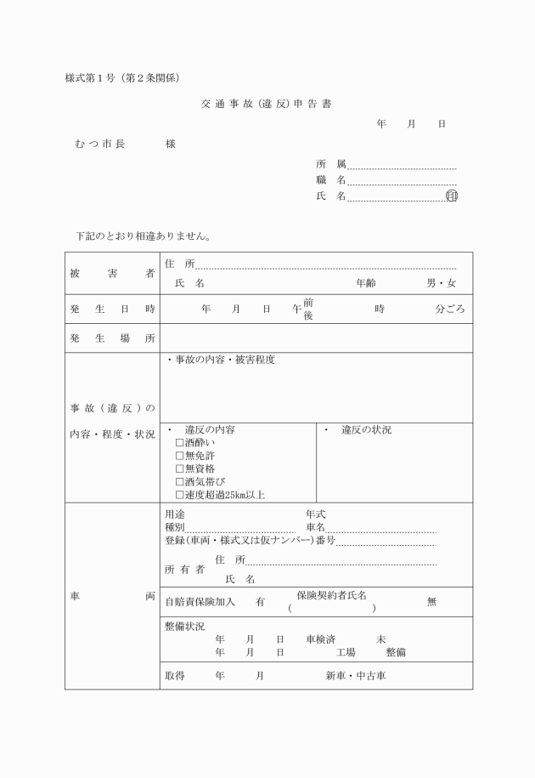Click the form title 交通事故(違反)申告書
(266, 105)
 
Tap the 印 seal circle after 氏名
(452, 196)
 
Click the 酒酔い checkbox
(179, 443)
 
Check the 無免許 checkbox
(179, 456)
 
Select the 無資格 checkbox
(179, 469)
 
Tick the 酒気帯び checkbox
(179, 481)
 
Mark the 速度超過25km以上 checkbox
(179, 494)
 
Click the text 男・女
(441, 283)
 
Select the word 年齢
(366, 283)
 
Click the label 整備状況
(184, 626)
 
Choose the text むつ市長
(100, 145)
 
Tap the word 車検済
(320, 639)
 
